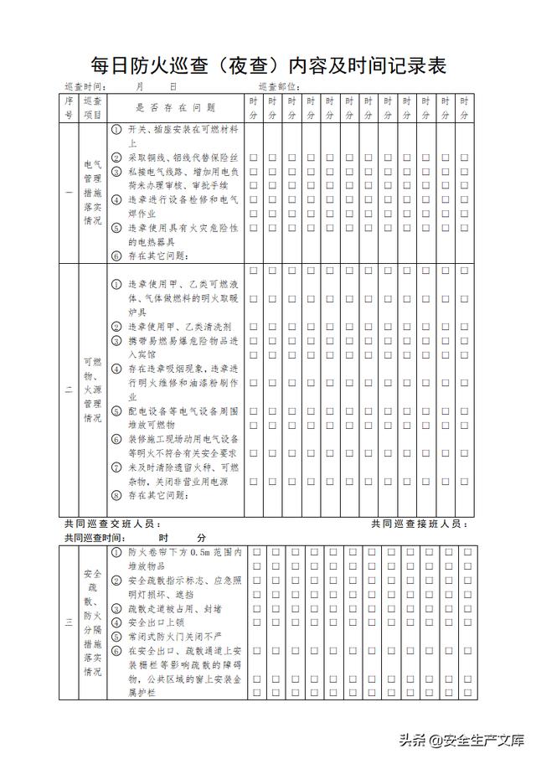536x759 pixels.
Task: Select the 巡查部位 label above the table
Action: [279, 87]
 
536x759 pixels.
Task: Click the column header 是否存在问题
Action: [176, 108]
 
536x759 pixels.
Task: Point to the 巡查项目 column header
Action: [92, 108]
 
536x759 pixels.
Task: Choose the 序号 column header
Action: [69, 108]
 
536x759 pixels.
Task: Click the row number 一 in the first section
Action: [69, 193]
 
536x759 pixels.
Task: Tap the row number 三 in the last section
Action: [69, 622]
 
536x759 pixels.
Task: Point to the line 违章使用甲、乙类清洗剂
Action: [180, 327]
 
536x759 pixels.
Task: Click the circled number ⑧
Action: [116, 496]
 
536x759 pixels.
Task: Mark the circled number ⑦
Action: [116, 467]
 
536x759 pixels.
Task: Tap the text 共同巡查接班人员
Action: [419, 524]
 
